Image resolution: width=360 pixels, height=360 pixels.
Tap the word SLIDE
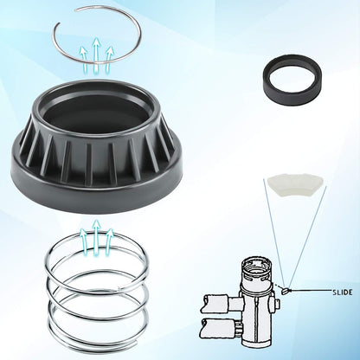[343, 292]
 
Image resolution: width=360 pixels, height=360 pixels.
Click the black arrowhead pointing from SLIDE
[289, 290]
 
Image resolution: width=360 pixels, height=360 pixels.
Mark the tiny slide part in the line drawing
[284, 292]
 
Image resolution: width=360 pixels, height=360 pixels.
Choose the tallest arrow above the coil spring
[96, 237]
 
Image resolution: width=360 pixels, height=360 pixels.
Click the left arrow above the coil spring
[84, 241]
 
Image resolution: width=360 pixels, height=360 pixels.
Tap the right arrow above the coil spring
[109, 241]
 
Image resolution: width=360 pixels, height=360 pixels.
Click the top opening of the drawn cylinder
[255, 267]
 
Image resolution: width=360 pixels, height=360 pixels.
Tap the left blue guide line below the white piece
[274, 233]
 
